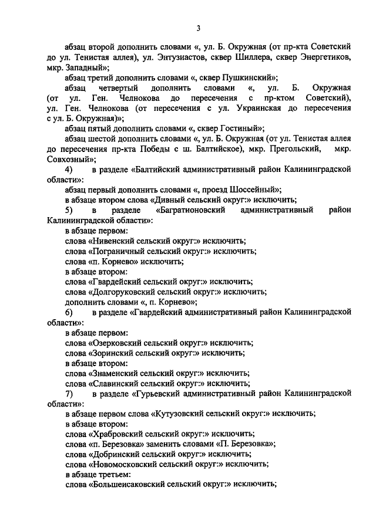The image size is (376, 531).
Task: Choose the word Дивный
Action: [x=157, y=199]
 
